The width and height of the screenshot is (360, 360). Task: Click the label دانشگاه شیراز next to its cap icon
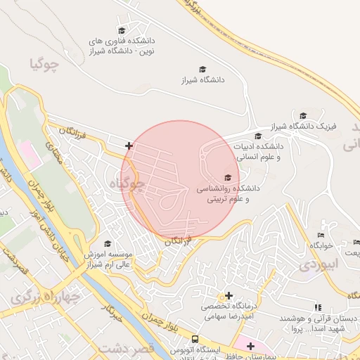pyautogui.click(x=202, y=80)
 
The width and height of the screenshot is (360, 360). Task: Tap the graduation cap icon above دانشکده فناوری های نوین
pyautogui.click(x=121, y=30)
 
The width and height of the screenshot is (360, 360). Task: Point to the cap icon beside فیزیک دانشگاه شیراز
pyautogui.click(x=303, y=116)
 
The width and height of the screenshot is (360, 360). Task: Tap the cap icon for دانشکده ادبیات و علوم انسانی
pyautogui.click(x=258, y=136)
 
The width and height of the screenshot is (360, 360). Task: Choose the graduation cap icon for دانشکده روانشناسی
pyautogui.click(x=227, y=178)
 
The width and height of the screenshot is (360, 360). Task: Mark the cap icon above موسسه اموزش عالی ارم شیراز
pyautogui.click(x=108, y=243)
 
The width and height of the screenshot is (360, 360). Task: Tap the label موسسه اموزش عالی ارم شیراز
pyautogui.click(x=108, y=259)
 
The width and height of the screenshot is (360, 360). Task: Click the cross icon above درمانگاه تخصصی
pyautogui.click(x=229, y=295)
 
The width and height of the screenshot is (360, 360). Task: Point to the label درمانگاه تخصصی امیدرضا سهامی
pyautogui.click(x=228, y=312)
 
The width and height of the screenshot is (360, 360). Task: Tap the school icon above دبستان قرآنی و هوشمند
pyautogui.click(x=319, y=307)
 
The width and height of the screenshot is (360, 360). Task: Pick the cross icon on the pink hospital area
pyautogui.click(x=250, y=345)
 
